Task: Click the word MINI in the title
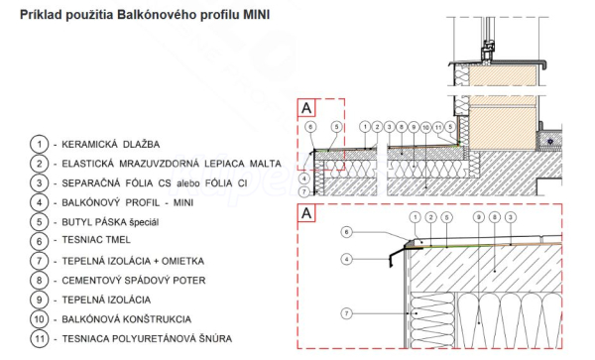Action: tap(256, 15)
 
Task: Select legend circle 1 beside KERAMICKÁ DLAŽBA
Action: tap(39, 145)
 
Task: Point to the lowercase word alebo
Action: tap(188, 183)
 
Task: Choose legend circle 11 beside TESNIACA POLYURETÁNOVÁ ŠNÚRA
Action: tap(39, 339)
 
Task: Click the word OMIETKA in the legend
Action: tap(182, 261)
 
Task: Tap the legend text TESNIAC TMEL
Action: tap(96, 240)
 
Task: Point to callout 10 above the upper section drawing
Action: tap(425, 127)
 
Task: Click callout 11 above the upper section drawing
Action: tap(438, 127)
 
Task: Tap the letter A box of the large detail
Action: tap(306, 213)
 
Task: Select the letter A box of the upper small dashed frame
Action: tap(306, 108)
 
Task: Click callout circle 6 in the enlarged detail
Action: tap(346, 232)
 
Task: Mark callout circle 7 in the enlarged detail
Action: tap(346, 313)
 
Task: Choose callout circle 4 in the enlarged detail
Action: tap(346, 260)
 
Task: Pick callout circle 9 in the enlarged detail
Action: tap(479, 217)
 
